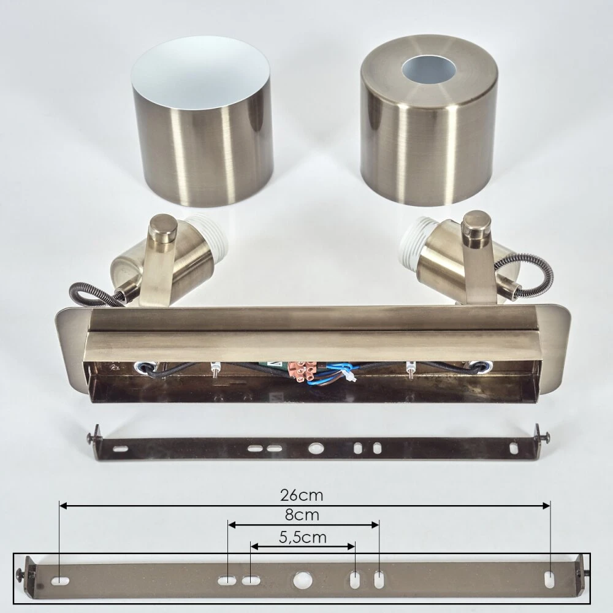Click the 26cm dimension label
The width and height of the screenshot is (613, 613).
(302, 495)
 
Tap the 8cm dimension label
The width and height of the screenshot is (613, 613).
(302, 515)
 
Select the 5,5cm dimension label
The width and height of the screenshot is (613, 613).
(303, 538)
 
